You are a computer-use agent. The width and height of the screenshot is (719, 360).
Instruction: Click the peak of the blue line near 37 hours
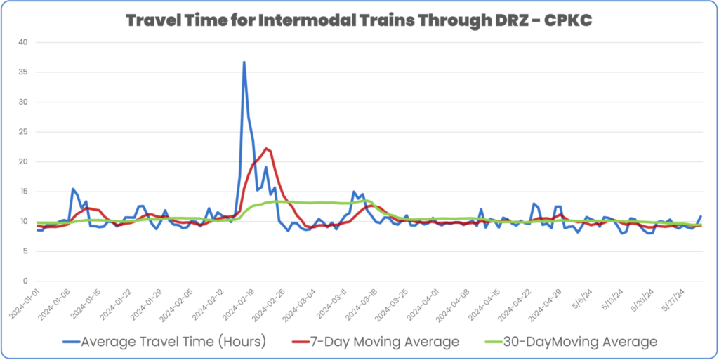[x=244, y=62]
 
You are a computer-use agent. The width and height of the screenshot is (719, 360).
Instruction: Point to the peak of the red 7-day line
[x=266, y=148]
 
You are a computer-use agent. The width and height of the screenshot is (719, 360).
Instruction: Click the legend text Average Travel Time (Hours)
[x=173, y=342]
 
